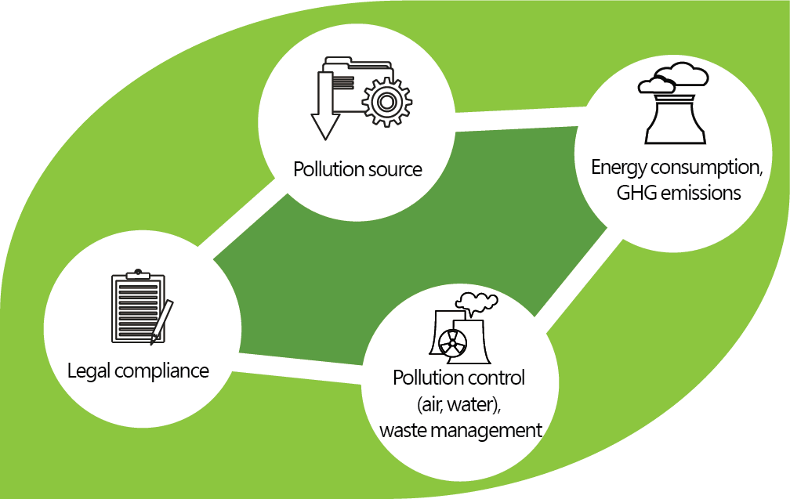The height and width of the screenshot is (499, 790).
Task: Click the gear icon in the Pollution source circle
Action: (x=384, y=101)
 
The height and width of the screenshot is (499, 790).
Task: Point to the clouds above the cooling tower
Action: (x=672, y=78)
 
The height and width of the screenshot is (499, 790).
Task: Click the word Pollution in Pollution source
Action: (x=327, y=169)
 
